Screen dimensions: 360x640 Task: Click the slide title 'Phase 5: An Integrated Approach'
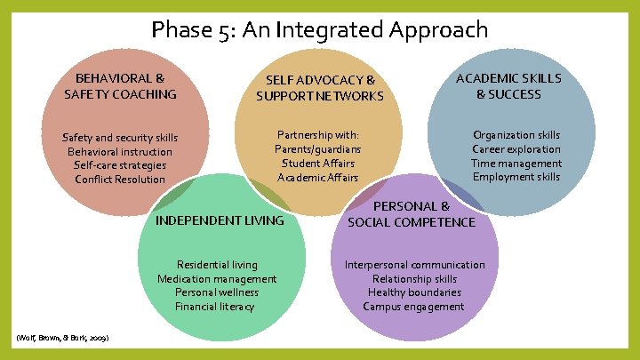(x=320, y=30)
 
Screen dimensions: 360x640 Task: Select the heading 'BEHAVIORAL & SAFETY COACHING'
(x=120, y=86)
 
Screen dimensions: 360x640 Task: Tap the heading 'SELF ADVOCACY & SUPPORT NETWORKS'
(x=320, y=88)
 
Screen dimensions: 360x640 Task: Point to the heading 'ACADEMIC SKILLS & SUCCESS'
(x=508, y=86)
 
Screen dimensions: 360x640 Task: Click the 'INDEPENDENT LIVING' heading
(x=220, y=220)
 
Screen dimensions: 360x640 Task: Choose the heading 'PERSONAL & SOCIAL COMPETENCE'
(x=412, y=214)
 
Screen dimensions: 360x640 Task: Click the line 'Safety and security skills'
(x=120, y=138)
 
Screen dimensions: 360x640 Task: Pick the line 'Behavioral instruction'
(x=120, y=151)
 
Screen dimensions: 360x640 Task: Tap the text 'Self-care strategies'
(x=120, y=165)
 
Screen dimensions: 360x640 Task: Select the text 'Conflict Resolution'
(x=120, y=180)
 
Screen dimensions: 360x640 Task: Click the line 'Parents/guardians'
(x=318, y=149)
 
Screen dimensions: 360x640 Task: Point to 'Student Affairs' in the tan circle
(x=318, y=164)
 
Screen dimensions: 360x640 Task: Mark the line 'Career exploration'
(x=516, y=149)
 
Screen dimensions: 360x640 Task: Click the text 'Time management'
(x=516, y=164)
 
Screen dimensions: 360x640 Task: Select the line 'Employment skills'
(x=516, y=177)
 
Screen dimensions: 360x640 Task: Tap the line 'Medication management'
(x=217, y=279)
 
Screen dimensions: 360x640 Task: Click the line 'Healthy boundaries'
(x=414, y=292)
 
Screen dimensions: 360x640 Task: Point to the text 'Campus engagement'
(x=414, y=307)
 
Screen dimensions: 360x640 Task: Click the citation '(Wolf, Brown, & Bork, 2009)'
(x=63, y=340)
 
